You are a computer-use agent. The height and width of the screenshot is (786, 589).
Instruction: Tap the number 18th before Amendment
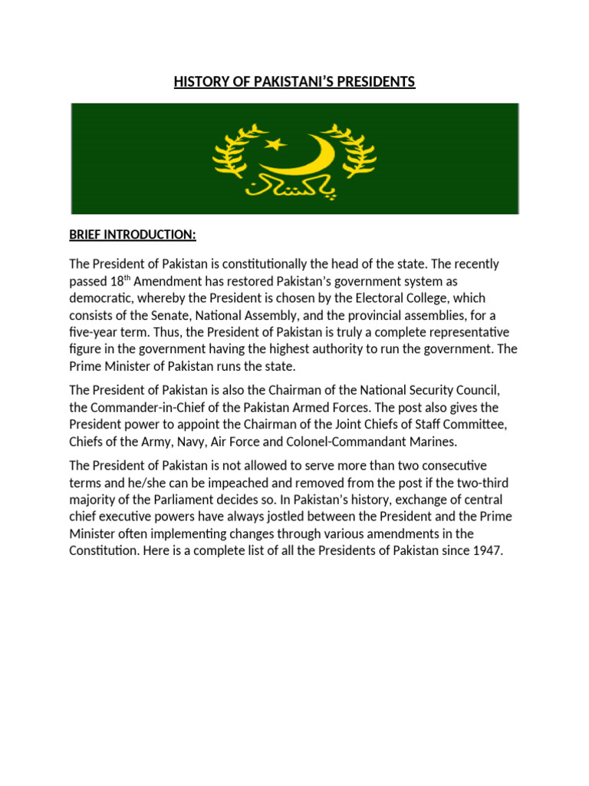pos(119,280)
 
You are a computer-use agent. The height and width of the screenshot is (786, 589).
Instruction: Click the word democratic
pos(100,297)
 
